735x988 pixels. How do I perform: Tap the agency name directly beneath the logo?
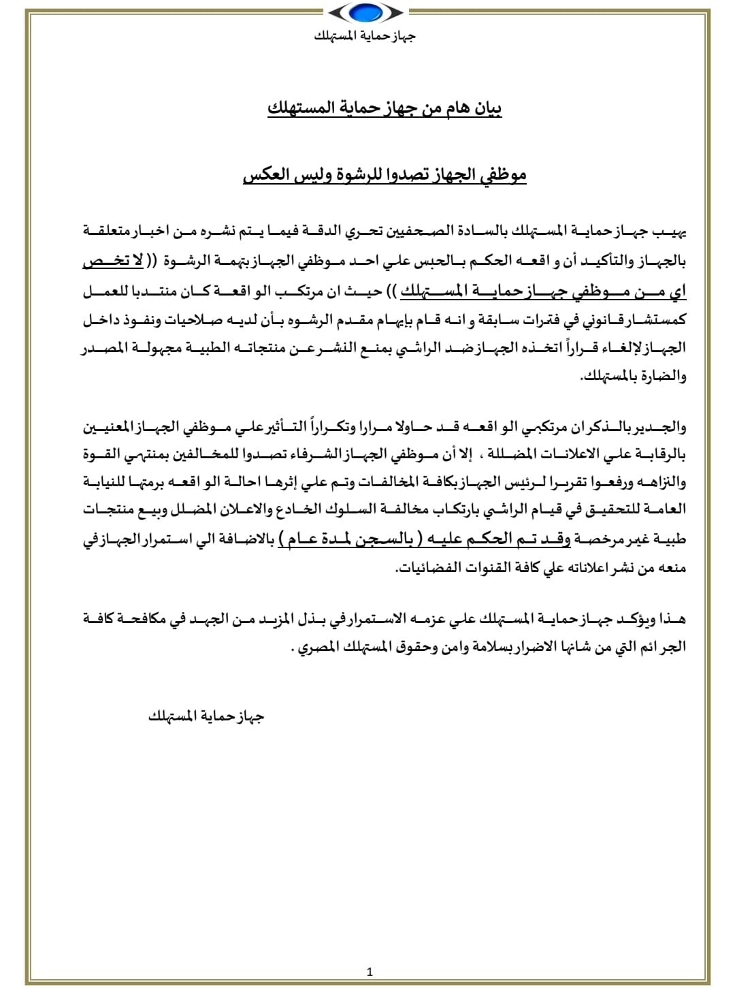tap(365, 35)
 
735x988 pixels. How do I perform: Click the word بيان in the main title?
tap(486, 109)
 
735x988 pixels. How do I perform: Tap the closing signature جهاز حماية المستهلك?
tap(206, 716)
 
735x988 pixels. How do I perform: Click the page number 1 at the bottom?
tap(370, 972)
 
